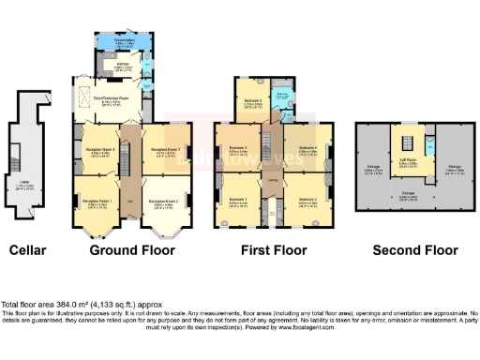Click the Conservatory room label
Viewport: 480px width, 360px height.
click(x=124, y=40)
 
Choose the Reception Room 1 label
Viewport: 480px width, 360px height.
click(x=97, y=202)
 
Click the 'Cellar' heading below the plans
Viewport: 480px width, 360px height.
click(x=28, y=250)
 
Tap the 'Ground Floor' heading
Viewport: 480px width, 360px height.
click(x=131, y=250)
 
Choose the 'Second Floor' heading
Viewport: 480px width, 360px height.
click(x=415, y=250)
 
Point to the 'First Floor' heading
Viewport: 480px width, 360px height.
click(x=272, y=250)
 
